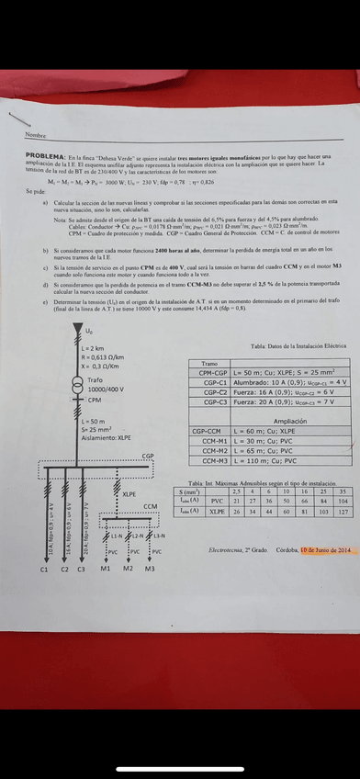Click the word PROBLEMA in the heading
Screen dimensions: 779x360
[44, 157]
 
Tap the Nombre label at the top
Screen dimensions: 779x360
[36, 135]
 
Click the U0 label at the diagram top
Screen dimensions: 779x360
[88, 331]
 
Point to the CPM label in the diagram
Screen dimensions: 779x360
[95, 401]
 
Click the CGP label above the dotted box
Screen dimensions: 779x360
[148, 456]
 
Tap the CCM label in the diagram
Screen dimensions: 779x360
[150, 506]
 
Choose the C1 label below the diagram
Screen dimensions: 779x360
[43, 570]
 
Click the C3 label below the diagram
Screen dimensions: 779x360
[81, 570]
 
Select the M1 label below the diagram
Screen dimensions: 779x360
[105, 570]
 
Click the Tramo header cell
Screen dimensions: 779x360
[209, 364]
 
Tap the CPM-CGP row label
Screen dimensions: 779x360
[210, 372]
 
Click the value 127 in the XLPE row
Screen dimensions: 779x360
[343, 511]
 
